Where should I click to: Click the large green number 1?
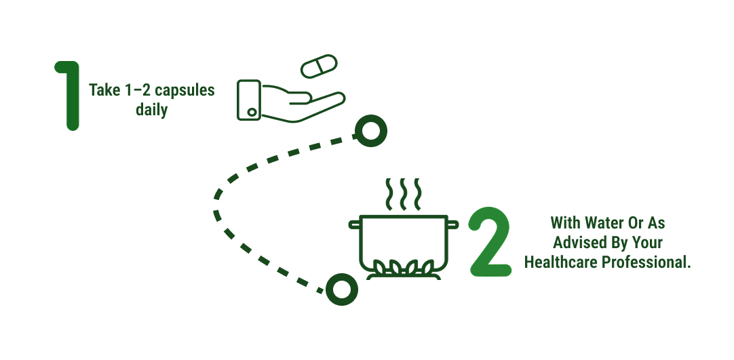tap(71, 96)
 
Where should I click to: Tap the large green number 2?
tap(490, 242)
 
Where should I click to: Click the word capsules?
tap(185, 89)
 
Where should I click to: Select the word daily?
tap(152, 110)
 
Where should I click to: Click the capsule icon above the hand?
tap(319, 66)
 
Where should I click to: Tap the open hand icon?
tap(291, 100)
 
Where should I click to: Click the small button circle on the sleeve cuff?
tap(252, 113)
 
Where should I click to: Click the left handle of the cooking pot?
tap(354, 225)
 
